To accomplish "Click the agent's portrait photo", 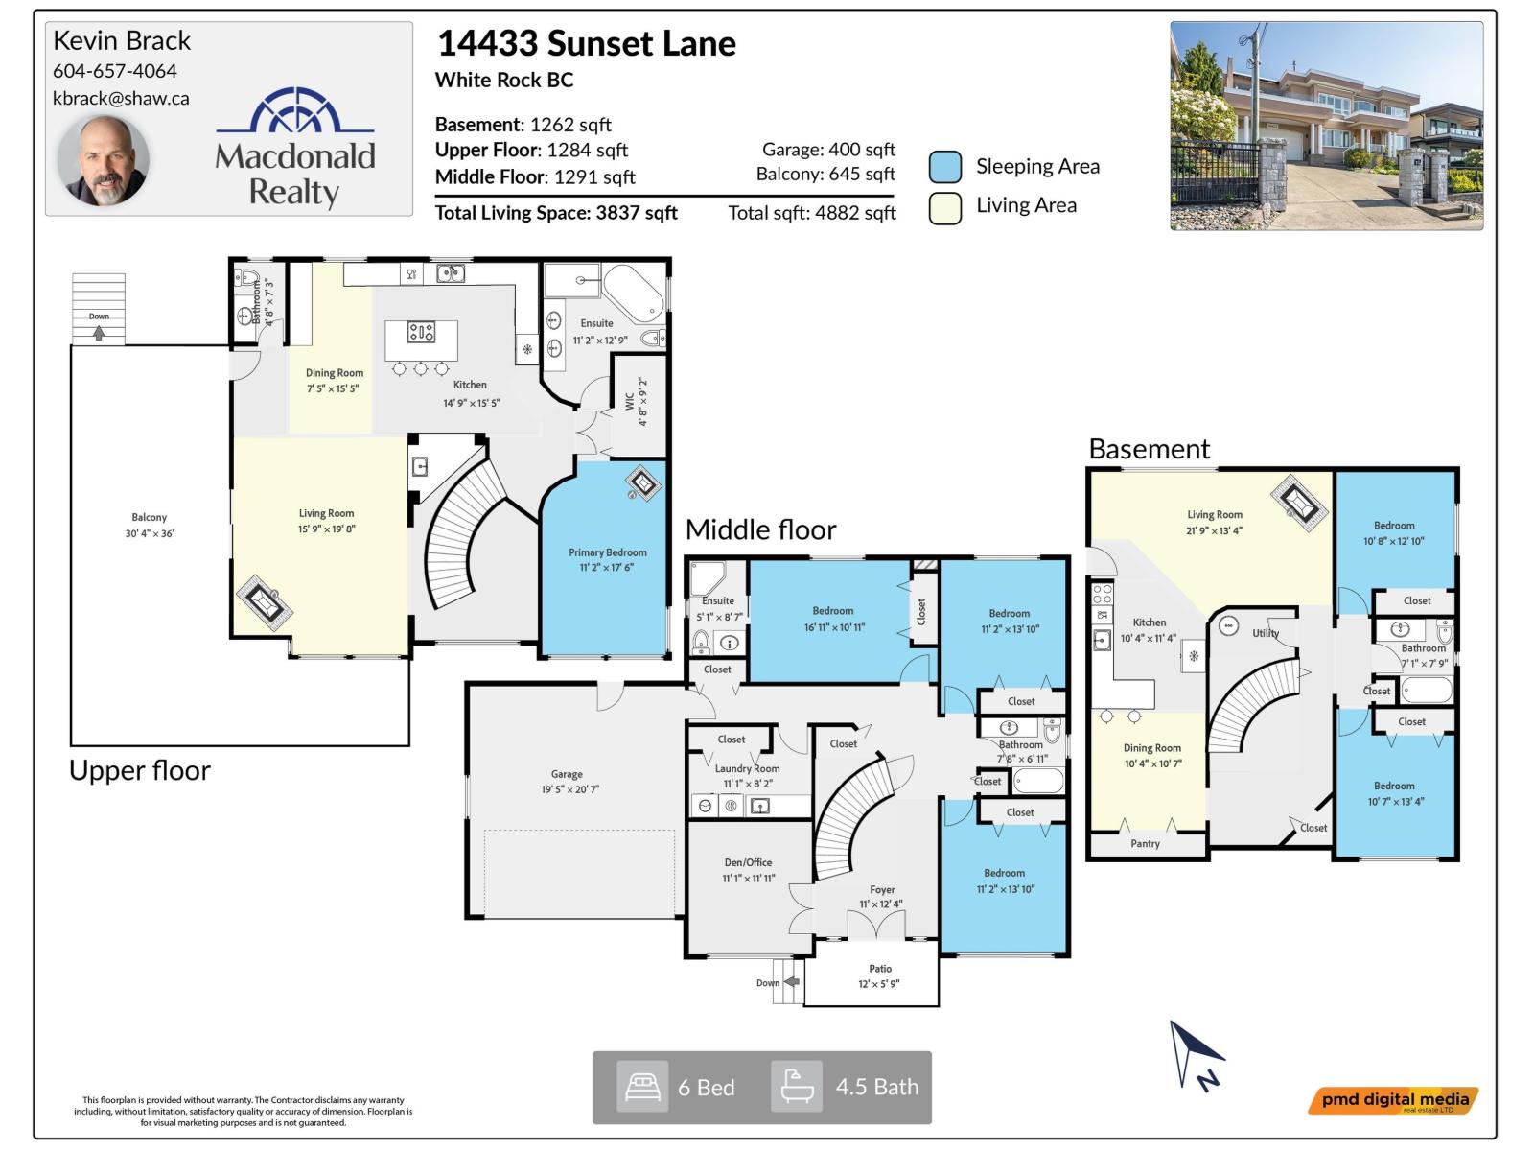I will [x=103, y=161].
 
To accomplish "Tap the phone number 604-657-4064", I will [x=115, y=71].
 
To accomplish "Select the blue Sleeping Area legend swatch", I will [x=945, y=167].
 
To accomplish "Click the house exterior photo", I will [x=1326, y=126].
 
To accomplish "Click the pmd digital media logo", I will [x=1394, y=1100].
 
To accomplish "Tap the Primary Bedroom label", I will [x=607, y=552].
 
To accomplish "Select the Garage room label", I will [x=567, y=774].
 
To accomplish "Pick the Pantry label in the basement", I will [x=1145, y=844].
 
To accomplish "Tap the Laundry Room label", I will [x=747, y=768].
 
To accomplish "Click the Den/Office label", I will [x=748, y=862].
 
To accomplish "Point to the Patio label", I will [x=880, y=969].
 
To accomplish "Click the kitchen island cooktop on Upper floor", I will [x=421, y=333].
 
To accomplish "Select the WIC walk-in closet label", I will [x=630, y=401].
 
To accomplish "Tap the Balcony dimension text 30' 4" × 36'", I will [x=150, y=533].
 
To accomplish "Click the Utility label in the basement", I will [x=1265, y=633].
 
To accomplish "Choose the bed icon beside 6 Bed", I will [x=642, y=1087].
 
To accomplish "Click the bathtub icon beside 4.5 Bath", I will [x=797, y=1087].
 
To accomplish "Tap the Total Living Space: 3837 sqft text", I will [x=556, y=213].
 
